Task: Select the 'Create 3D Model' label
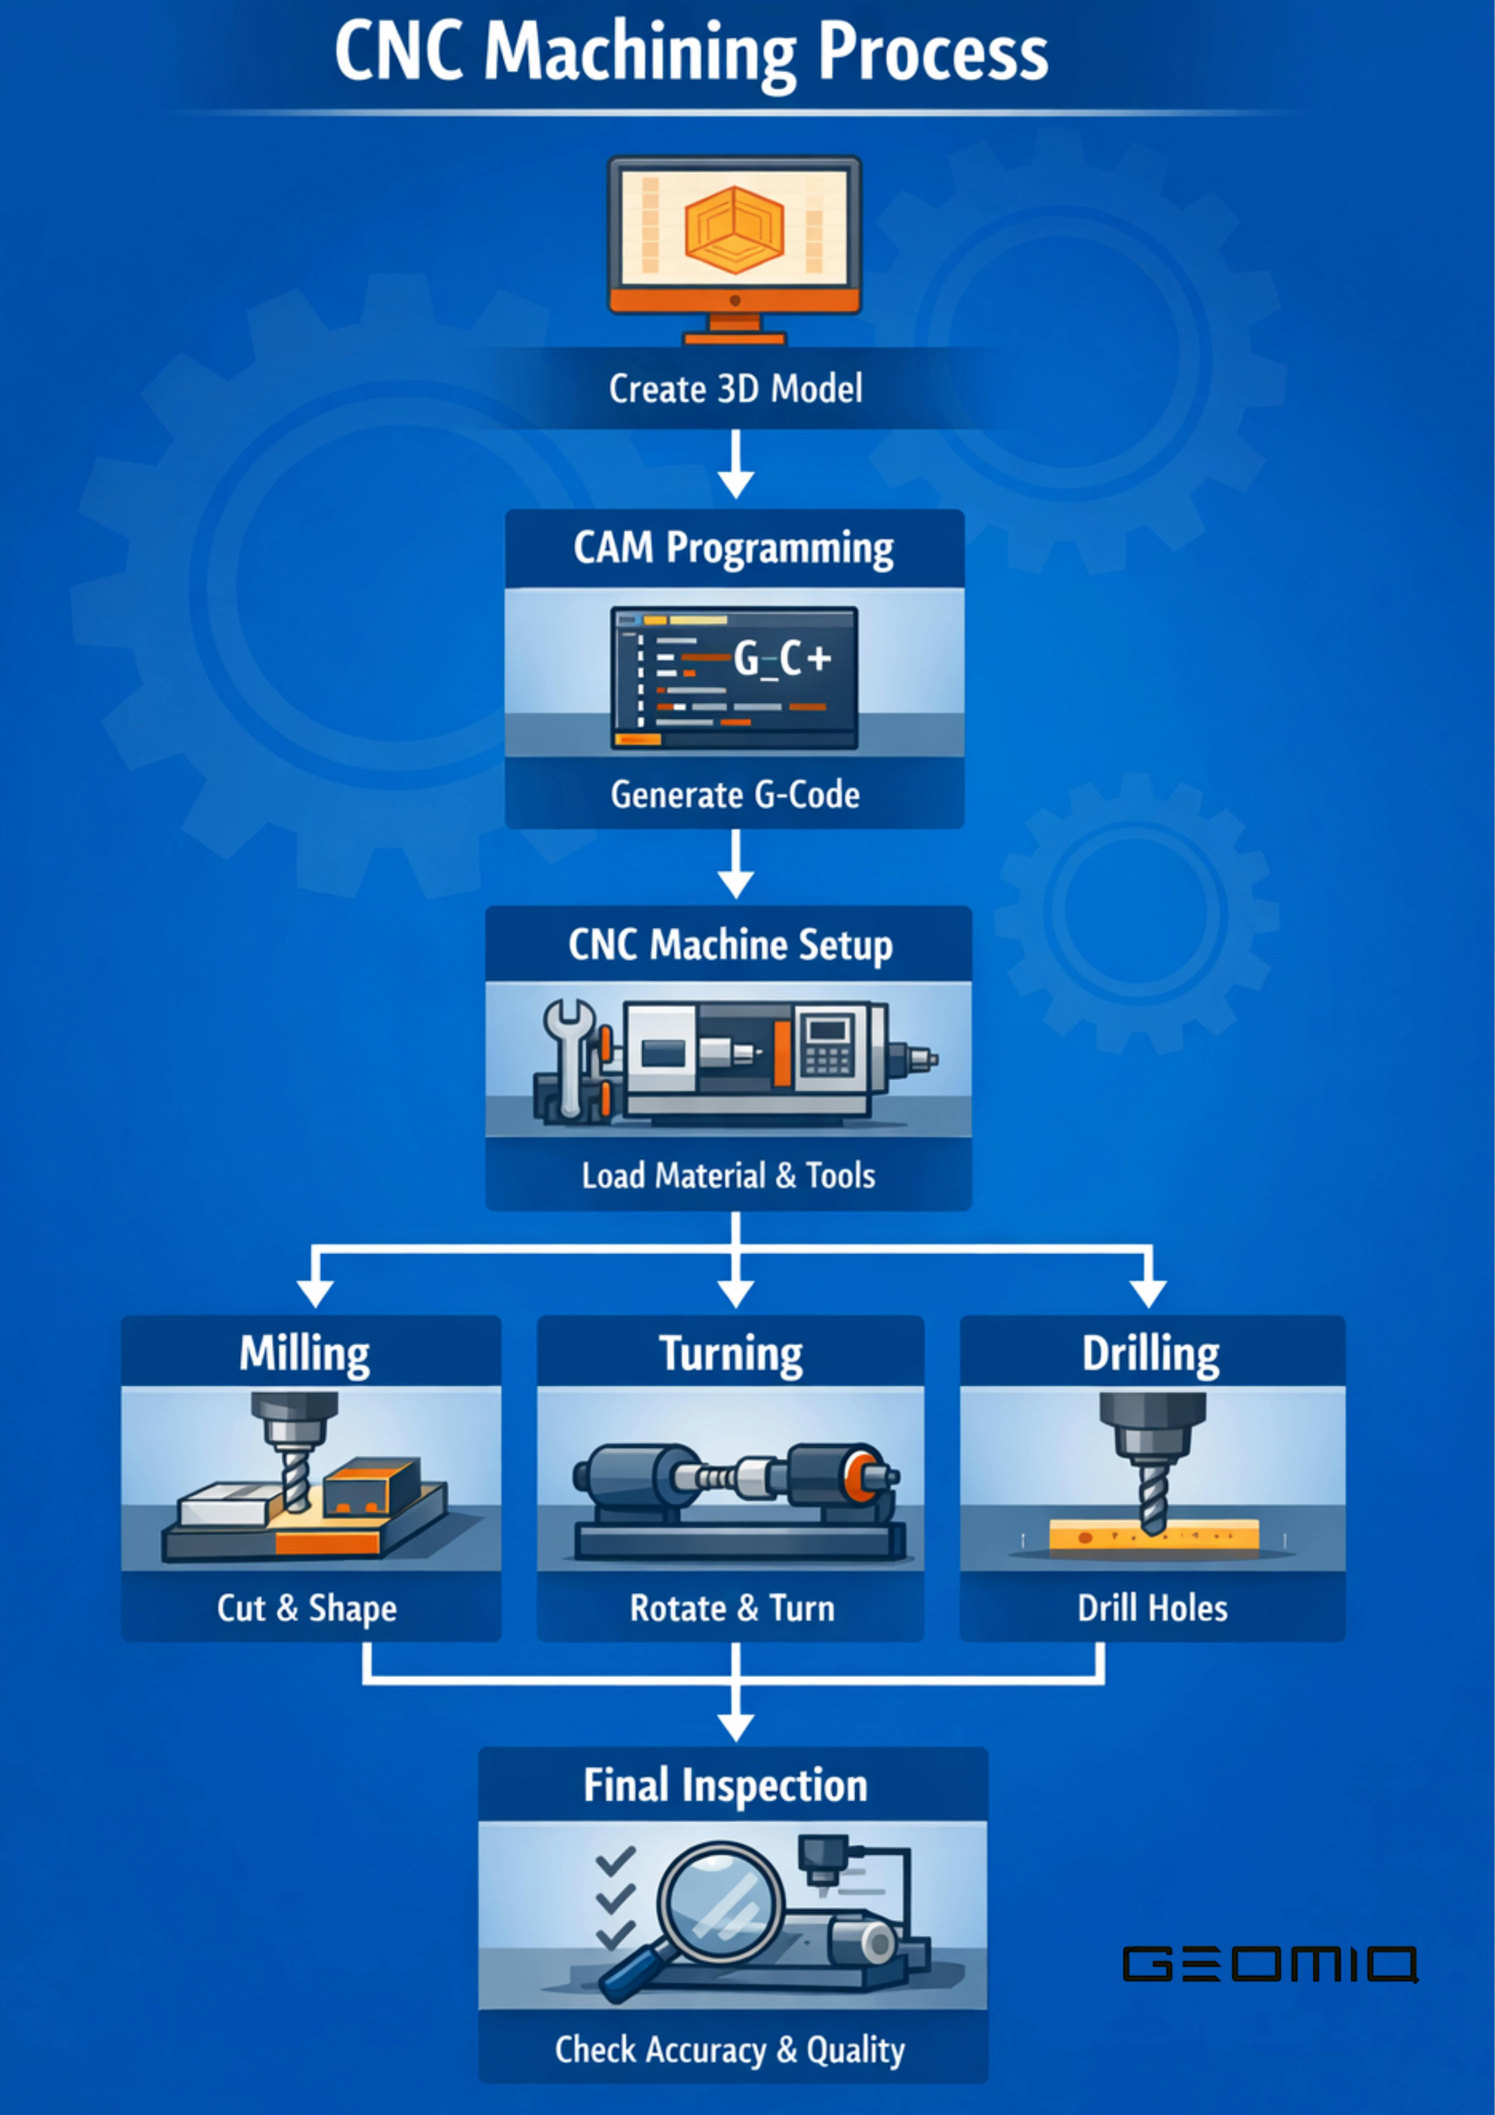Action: (735, 389)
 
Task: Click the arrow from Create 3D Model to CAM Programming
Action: (735, 465)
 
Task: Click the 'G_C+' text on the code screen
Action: (781, 659)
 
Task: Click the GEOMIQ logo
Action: (1269, 1964)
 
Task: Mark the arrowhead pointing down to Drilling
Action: (1148, 1292)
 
